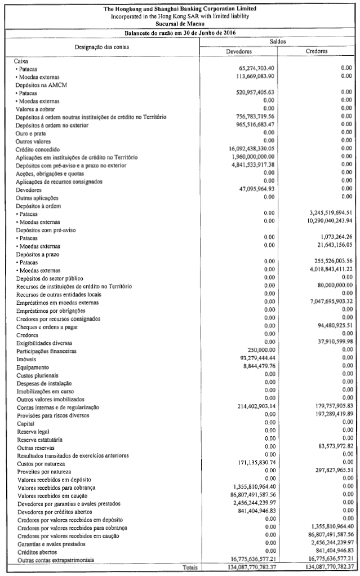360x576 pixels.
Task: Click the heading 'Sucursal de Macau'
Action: click(x=180, y=24)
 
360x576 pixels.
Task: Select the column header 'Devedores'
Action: click(x=238, y=51)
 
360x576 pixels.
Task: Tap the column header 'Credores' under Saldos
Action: click(x=317, y=51)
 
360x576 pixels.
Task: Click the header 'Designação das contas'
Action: click(x=102, y=47)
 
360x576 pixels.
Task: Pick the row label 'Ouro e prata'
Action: click(x=31, y=133)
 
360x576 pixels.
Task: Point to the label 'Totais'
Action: click(x=191, y=568)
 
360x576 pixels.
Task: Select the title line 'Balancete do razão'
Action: click(x=180, y=33)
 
